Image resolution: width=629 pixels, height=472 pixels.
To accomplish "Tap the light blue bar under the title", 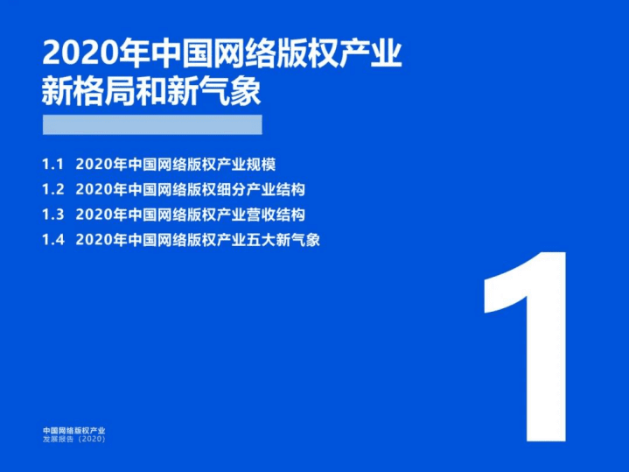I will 151,124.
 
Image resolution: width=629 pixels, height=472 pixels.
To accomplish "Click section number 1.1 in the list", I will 52,164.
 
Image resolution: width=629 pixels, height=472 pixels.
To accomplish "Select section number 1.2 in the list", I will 52,189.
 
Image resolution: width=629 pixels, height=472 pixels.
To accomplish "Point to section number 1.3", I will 52,215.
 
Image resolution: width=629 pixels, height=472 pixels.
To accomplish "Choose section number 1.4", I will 52,240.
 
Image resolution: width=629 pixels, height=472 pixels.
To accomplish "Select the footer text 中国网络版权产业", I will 73,431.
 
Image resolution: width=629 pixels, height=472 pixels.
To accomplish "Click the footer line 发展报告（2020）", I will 73,440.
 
